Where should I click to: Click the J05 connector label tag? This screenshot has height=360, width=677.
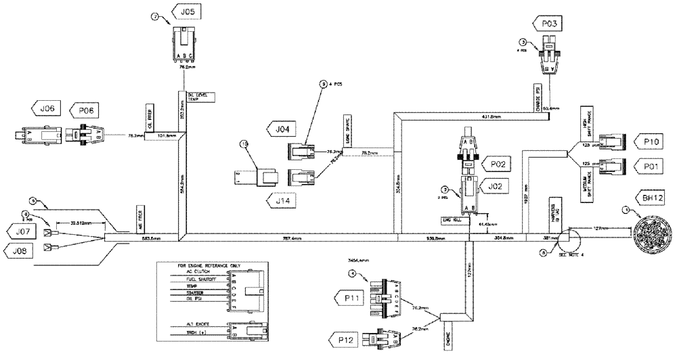(x=190, y=12)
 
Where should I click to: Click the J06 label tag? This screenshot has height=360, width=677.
(x=46, y=108)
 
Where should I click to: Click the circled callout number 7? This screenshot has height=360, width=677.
(x=154, y=18)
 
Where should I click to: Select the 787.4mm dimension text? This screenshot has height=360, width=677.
(x=288, y=238)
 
